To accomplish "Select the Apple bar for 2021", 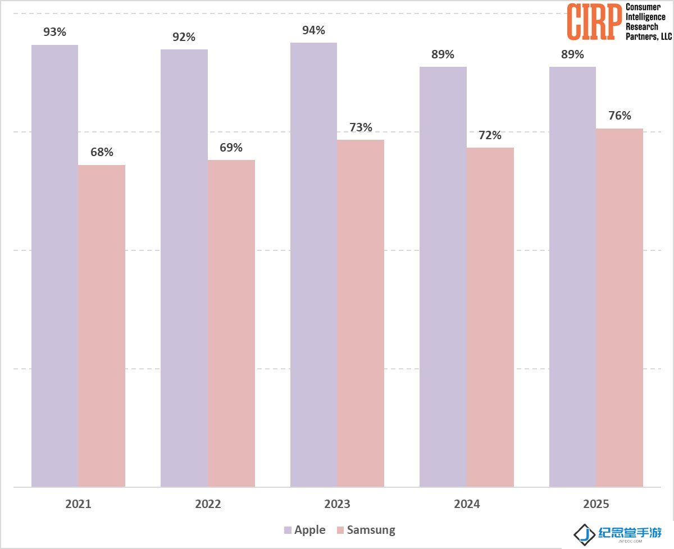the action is point(54,266).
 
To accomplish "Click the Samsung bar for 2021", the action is point(102,326).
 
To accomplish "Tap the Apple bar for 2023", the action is point(313,265).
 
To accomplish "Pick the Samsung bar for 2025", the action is point(620,308).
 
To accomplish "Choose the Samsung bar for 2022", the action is point(231,323).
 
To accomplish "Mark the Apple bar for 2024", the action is point(443,277).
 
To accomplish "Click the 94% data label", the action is point(313,30).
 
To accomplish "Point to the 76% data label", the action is point(620,116).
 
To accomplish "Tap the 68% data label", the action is point(102,152).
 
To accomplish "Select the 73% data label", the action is point(361,127).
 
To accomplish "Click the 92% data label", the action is point(184,37).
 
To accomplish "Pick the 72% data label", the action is point(490,135).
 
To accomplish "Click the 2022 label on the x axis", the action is point(208,504).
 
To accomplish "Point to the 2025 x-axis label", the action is point(596,504).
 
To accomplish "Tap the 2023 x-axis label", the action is point(338,504).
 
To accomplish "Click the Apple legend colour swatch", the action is point(288,530).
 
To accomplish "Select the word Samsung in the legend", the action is point(371,530).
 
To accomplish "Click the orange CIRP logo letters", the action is point(594,22).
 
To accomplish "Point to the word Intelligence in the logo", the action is point(645,17).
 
